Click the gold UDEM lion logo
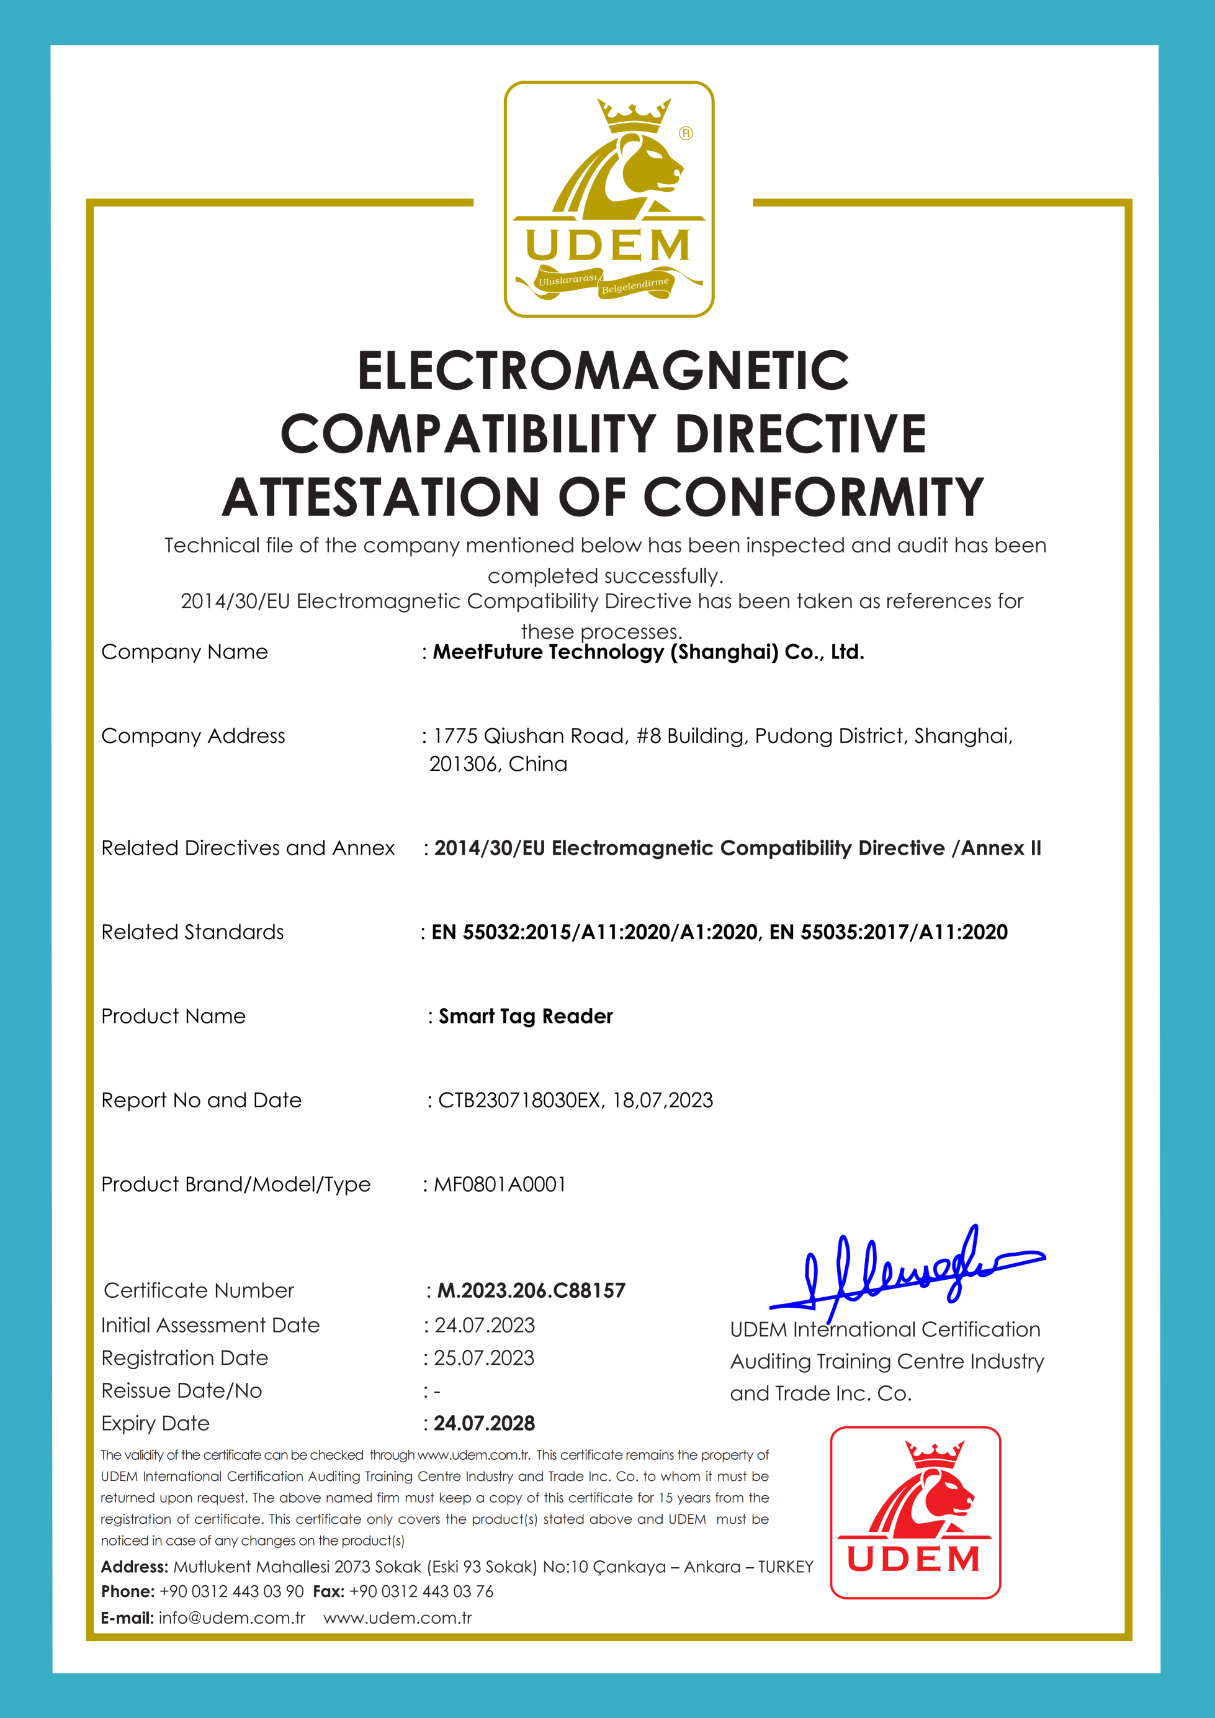[x=608, y=199]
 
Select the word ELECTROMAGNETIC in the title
[x=603, y=371]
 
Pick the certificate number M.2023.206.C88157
[x=531, y=1290]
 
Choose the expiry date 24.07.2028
[x=484, y=1423]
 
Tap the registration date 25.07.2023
[x=484, y=1357]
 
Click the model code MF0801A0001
[x=500, y=1184]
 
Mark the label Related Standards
[x=192, y=932]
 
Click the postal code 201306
[x=462, y=764]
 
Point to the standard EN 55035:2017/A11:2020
[x=888, y=932]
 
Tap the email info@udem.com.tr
[x=231, y=1617]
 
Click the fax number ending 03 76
[x=421, y=1591]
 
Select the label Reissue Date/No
[x=182, y=1390]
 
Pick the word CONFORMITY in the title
[x=814, y=498]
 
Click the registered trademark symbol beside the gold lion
[x=685, y=134]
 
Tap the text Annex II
[x=1000, y=848]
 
